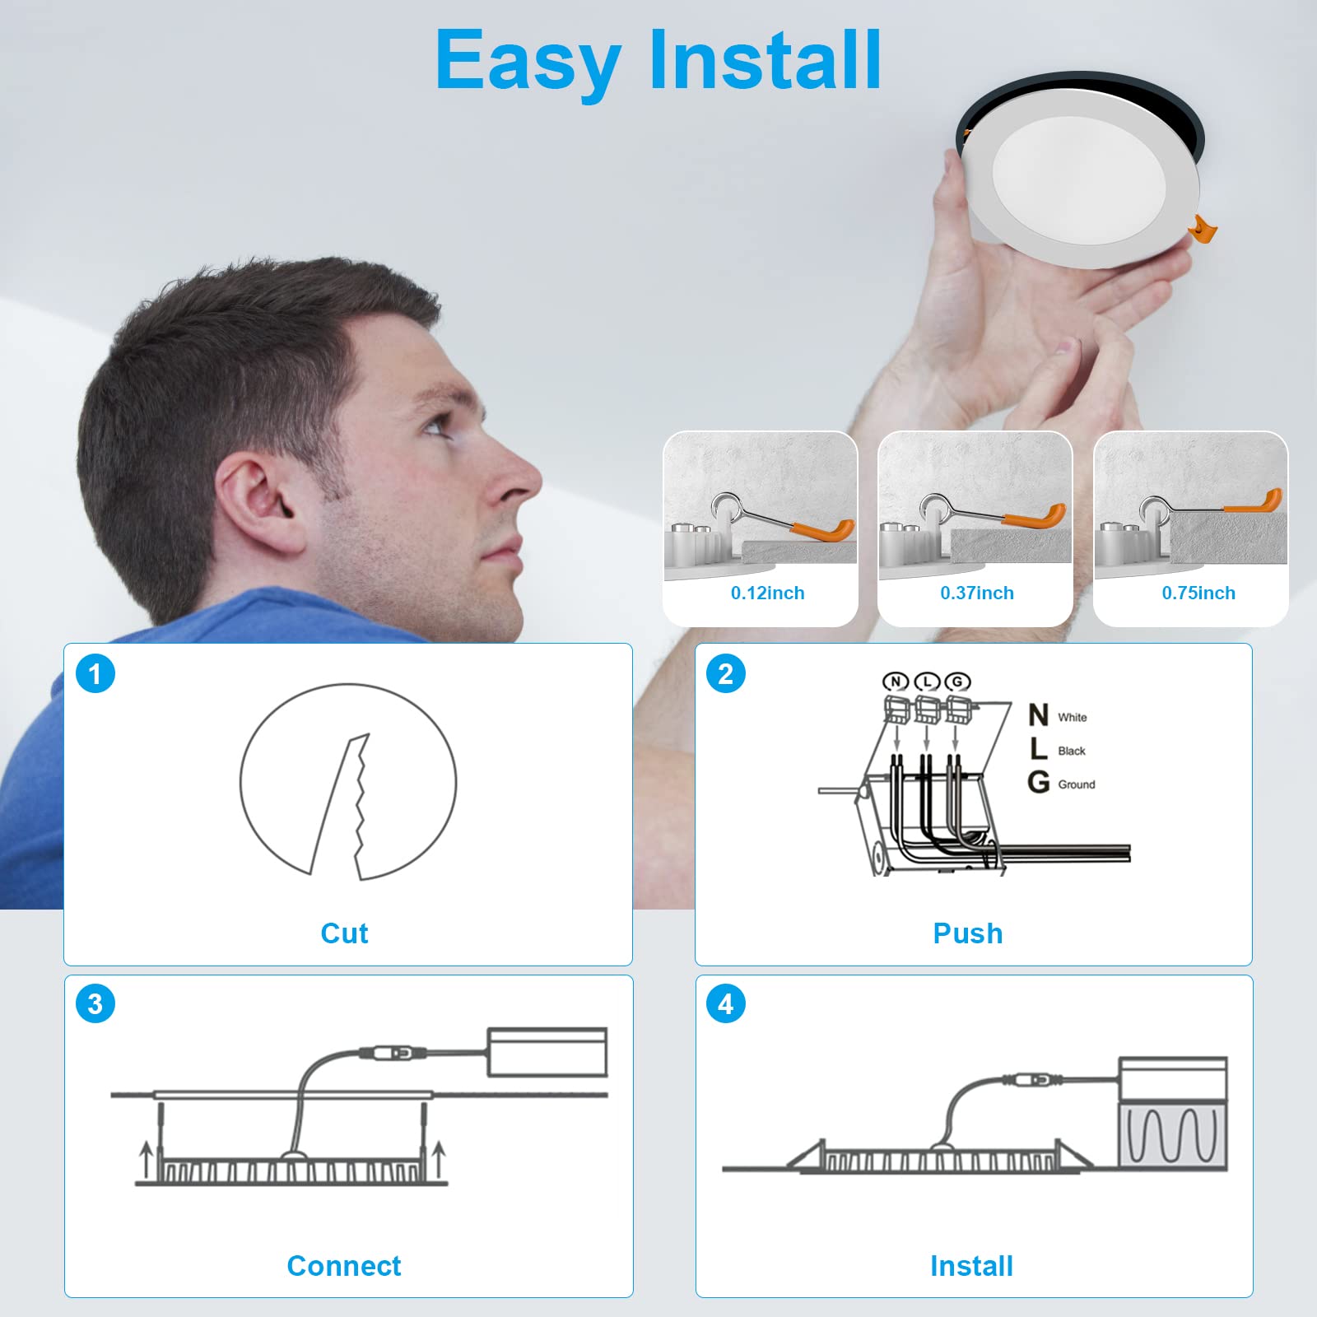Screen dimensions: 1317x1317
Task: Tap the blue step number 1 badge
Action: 95,673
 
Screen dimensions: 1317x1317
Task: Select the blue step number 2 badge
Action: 726,673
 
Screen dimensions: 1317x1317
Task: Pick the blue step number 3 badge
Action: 95,1004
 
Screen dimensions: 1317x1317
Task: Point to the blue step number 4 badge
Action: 726,1004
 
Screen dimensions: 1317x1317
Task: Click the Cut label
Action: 344,933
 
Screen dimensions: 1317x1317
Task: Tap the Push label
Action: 968,933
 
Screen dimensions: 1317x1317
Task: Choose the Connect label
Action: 344,1265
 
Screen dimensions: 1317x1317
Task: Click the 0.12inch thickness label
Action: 767,593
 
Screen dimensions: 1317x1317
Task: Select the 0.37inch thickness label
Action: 977,593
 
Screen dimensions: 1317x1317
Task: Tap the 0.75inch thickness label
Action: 1198,593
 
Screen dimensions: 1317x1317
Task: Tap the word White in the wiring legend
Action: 1073,717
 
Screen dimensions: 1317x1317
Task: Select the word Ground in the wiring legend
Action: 1077,784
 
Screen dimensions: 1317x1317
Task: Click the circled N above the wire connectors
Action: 896,681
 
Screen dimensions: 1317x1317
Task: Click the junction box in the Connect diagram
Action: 547,1052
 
